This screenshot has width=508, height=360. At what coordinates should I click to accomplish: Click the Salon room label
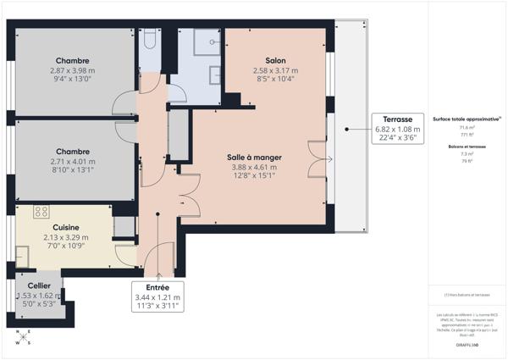(274, 61)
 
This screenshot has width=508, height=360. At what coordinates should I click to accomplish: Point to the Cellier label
(39, 286)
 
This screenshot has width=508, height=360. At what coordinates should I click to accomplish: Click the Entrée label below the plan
(157, 288)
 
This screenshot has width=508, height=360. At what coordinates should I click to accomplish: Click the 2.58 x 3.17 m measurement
(274, 71)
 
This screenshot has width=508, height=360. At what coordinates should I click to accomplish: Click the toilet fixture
(150, 39)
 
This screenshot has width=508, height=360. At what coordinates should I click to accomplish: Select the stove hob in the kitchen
(41, 211)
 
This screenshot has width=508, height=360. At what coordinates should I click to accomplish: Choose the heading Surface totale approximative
(467, 119)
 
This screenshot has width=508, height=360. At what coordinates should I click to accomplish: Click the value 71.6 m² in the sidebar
(467, 128)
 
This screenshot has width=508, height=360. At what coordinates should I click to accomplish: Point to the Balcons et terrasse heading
(467, 147)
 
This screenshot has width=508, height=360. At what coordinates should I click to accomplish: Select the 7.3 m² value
(467, 155)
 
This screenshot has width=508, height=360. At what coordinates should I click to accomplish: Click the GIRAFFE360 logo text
(467, 346)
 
